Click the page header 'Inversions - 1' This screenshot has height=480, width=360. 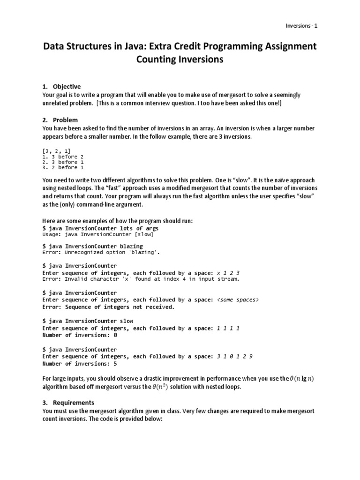302,26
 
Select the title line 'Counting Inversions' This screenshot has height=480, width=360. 180,60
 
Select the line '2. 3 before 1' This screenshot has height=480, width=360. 60,162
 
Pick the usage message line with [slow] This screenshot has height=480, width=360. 97,234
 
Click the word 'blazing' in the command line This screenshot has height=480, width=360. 132,246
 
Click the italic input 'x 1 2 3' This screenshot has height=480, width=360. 228,273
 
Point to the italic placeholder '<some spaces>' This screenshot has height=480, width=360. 238,300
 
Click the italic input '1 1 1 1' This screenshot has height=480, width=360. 228,329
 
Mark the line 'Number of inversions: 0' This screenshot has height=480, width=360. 80,335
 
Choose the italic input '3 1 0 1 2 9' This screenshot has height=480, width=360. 235,356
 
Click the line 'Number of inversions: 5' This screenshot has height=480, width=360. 80,363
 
